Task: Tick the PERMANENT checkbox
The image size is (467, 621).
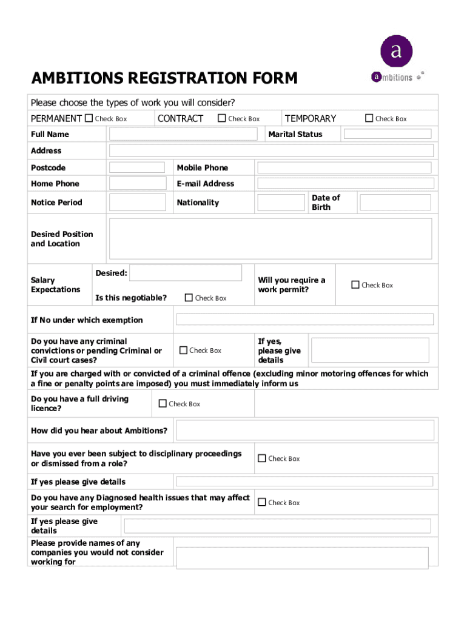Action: [89, 118]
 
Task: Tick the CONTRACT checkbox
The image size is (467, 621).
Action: [222, 118]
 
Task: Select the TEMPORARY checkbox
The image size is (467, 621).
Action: [369, 118]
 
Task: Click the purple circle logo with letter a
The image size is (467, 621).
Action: [396, 51]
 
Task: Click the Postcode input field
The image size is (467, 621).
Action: [136, 167]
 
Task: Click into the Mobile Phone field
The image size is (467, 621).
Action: [344, 168]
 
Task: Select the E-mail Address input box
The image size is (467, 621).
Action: [345, 183]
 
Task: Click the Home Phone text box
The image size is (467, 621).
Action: [137, 183]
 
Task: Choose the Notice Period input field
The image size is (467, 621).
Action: [137, 202]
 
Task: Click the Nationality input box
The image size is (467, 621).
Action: [281, 203]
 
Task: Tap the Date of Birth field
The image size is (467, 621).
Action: [395, 203]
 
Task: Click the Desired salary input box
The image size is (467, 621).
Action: [186, 273]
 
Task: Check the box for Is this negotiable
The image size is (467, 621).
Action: [189, 298]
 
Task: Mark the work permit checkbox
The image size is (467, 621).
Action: [355, 284]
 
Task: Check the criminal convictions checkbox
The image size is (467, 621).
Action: [183, 350]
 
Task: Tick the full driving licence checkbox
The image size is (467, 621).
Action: [163, 403]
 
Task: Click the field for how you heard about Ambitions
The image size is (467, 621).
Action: [305, 431]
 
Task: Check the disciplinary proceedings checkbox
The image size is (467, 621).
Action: [262, 458]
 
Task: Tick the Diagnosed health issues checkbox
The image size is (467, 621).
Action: [262, 502]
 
